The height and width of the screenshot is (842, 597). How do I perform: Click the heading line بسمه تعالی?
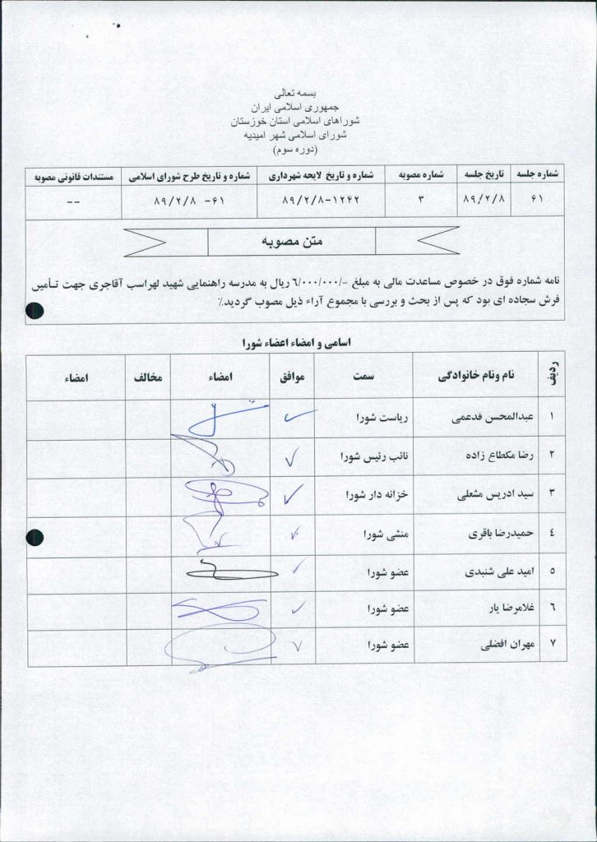pyautogui.click(x=298, y=95)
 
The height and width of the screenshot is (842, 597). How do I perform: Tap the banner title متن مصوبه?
pyautogui.click(x=292, y=241)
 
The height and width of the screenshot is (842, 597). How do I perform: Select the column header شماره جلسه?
pyautogui.click(x=539, y=175)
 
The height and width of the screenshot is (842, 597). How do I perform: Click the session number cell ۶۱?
pyautogui.click(x=539, y=201)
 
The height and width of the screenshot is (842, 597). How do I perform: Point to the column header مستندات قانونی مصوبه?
pyautogui.click(x=72, y=175)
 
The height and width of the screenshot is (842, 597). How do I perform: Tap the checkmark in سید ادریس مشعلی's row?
pyautogui.click(x=292, y=494)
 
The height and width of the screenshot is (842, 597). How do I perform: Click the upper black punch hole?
pyautogui.click(x=35, y=310)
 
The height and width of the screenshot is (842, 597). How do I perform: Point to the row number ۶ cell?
pyautogui.click(x=552, y=609)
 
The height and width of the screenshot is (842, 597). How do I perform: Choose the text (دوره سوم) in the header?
pyautogui.click(x=298, y=150)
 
